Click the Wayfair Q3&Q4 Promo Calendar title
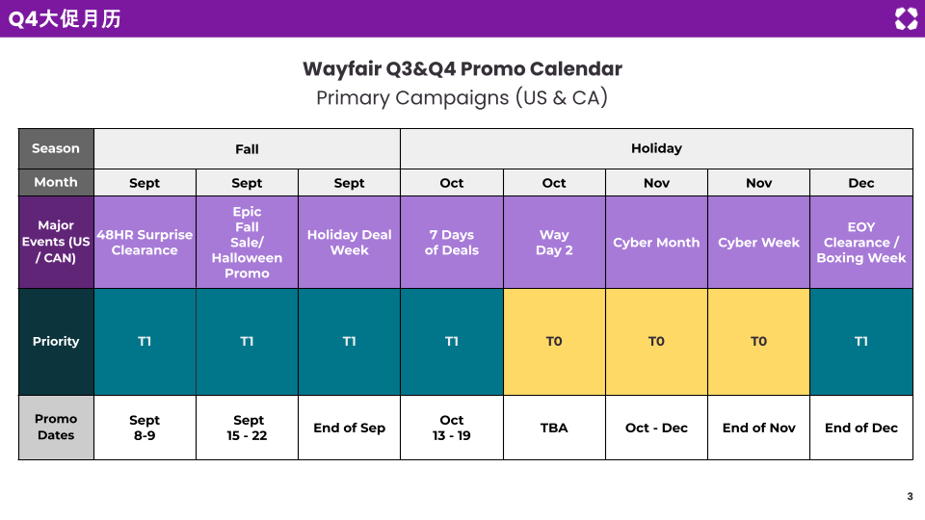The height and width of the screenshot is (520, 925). pyautogui.click(x=462, y=69)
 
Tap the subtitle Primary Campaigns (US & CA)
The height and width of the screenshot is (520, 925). pyautogui.click(x=462, y=97)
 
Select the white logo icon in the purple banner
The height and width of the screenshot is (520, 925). pyautogui.click(x=906, y=18)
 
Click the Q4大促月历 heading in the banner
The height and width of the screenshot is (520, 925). pyautogui.click(x=65, y=19)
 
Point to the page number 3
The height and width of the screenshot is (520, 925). pyautogui.click(x=911, y=497)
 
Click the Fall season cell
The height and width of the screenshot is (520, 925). pyautogui.click(x=248, y=149)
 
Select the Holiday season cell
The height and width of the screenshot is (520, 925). pyautogui.click(x=656, y=148)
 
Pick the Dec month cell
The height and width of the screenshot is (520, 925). pyautogui.click(x=861, y=183)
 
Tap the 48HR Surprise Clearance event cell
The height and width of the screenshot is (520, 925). pyautogui.click(x=145, y=243)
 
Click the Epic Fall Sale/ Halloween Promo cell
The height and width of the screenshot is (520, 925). pyautogui.click(x=248, y=243)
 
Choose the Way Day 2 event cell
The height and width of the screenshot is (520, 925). pyautogui.click(x=555, y=243)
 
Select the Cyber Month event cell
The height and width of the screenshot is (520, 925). pyautogui.click(x=656, y=243)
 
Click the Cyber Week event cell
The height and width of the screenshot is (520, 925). pyautogui.click(x=758, y=243)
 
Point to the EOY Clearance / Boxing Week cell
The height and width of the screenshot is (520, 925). pyautogui.click(x=861, y=243)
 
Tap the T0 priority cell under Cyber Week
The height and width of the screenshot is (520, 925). pyautogui.click(x=758, y=341)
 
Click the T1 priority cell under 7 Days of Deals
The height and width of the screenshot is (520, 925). pyautogui.click(x=452, y=341)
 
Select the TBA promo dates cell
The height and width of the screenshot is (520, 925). pyautogui.click(x=555, y=428)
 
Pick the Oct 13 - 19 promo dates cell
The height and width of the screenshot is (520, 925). pyautogui.click(x=452, y=428)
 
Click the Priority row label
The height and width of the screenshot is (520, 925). pyautogui.click(x=56, y=341)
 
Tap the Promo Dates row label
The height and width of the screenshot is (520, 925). pyautogui.click(x=56, y=428)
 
